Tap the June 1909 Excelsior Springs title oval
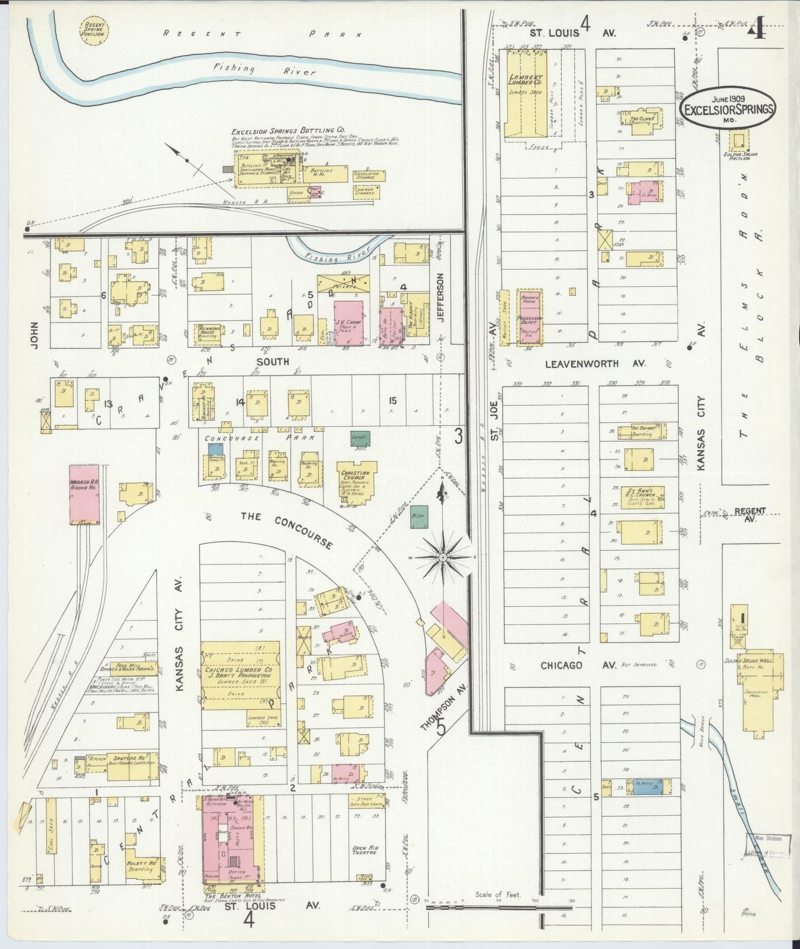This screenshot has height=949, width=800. pos(727,109)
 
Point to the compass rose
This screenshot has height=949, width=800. pos(442,557)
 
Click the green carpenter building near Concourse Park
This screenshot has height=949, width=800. pos(360,437)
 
